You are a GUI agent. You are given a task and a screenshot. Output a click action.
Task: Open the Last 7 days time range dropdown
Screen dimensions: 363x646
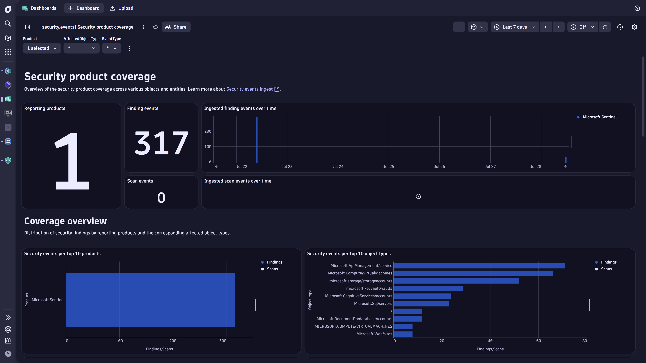(515, 27)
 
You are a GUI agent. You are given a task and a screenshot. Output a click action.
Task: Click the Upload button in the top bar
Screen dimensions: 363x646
(122, 8)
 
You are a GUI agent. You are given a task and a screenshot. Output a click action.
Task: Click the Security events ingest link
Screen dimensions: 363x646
(249, 89)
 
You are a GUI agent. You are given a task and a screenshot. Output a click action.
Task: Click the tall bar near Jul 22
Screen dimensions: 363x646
(257, 140)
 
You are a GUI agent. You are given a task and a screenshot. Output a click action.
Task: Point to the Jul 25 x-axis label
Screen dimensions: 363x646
(388, 167)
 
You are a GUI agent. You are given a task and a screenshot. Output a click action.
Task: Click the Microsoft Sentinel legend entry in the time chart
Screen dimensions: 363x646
(599, 117)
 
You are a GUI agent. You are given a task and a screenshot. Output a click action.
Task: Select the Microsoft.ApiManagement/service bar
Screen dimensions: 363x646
(479, 266)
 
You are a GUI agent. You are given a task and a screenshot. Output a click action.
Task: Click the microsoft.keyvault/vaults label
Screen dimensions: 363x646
(369, 288)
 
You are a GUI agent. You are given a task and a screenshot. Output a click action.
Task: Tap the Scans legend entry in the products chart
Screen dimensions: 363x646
(272, 269)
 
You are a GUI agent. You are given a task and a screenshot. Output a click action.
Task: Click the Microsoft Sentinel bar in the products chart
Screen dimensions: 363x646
(150, 300)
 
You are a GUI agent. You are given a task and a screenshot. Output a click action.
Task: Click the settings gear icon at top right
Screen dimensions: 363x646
(634, 27)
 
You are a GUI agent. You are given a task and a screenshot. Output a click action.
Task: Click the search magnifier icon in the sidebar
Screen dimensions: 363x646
(8, 24)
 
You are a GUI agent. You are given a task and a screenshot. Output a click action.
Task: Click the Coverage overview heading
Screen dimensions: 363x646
(65, 221)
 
